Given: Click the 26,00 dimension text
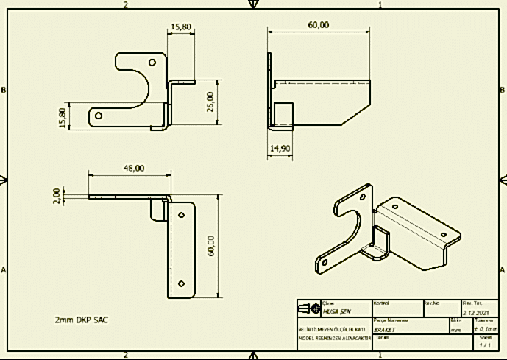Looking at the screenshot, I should click(x=210, y=102).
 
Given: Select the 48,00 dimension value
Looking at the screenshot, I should click(x=133, y=168).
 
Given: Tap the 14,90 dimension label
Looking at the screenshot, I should click(x=279, y=149).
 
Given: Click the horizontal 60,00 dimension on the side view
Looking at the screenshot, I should click(x=318, y=25).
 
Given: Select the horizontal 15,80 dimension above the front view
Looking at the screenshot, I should click(x=181, y=27).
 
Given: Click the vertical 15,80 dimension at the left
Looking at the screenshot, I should click(x=63, y=116).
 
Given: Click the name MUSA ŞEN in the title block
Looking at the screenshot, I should click(x=338, y=311).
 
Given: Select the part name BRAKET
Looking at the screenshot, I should click(x=385, y=331).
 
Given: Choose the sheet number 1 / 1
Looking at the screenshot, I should click(x=485, y=345).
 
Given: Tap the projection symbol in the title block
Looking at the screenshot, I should click(x=309, y=307).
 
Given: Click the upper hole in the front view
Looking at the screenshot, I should click(x=152, y=63).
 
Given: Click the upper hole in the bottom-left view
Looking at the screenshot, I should click(x=182, y=216).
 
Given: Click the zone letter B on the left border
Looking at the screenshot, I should click(x=5, y=90).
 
